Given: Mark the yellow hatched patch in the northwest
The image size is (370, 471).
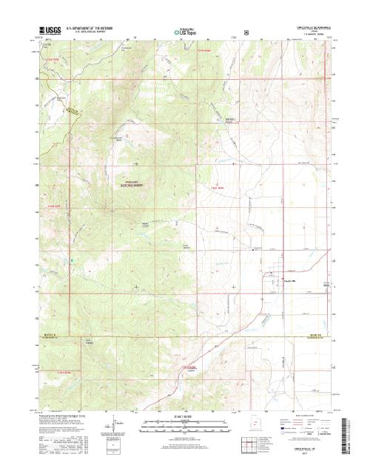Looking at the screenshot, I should [x=73, y=111].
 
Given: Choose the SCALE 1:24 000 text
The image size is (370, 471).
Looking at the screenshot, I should [x=185, y=417].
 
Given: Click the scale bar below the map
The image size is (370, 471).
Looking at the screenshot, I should [x=185, y=424].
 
